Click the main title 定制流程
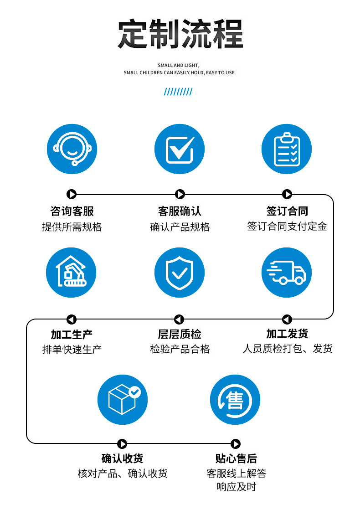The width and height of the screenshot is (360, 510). click(x=180, y=34)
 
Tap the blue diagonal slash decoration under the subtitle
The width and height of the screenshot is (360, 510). click(x=178, y=92)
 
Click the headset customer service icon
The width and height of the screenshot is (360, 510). click(x=72, y=149)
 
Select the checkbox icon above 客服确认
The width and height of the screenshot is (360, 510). click(x=180, y=149)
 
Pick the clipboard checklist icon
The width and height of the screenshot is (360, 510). click(x=287, y=149)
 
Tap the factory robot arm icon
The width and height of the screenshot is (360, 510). click(x=72, y=273)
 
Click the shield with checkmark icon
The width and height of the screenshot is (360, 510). click(x=180, y=273)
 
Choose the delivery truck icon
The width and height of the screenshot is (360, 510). click(x=287, y=273)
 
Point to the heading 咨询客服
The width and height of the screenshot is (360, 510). click(x=72, y=211)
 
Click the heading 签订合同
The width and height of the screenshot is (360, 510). click(x=287, y=211)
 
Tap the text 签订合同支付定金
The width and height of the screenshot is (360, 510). click(x=287, y=227)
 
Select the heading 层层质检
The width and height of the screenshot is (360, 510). click(x=180, y=334)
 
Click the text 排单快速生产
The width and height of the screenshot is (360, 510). click(x=72, y=350)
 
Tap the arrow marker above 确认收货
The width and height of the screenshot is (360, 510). click(x=122, y=444)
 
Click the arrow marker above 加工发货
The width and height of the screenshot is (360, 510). click(x=287, y=319)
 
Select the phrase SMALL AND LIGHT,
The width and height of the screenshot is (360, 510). click(x=179, y=66)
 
